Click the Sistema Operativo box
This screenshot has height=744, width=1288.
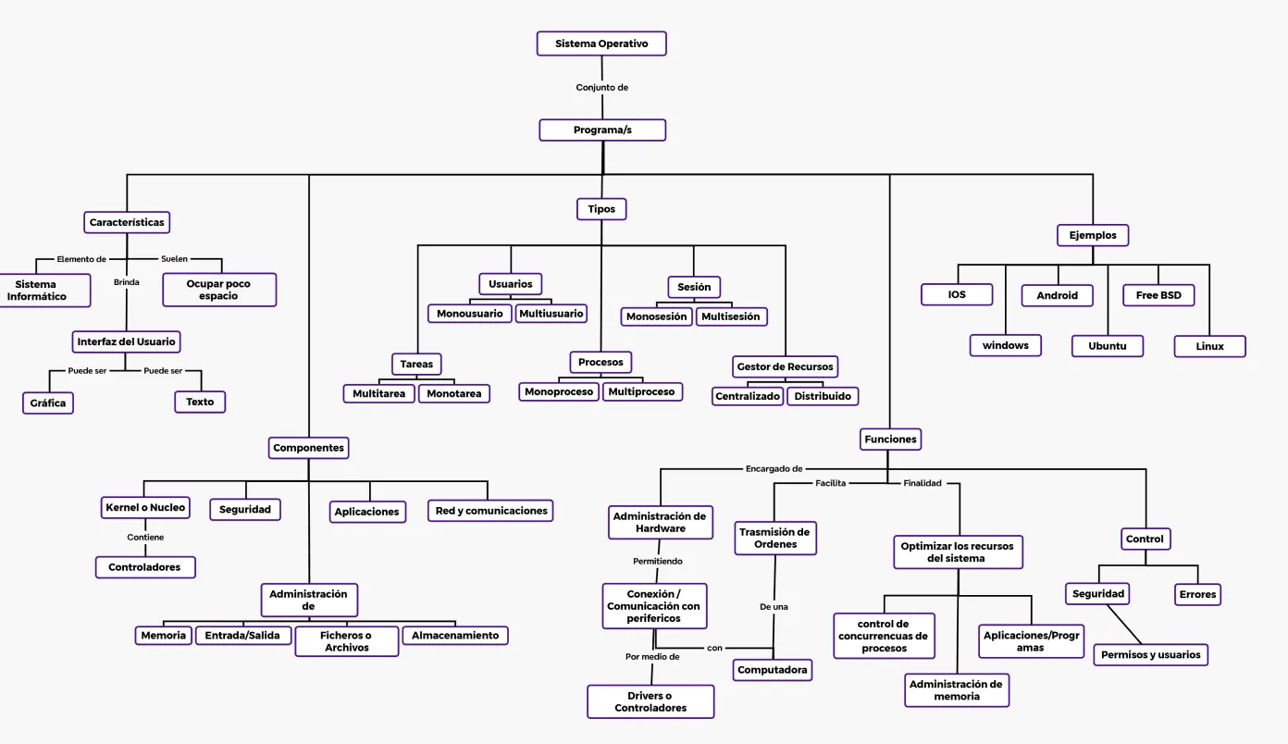pyautogui.click(x=601, y=43)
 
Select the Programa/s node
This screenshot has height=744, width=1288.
pyautogui.click(x=602, y=130)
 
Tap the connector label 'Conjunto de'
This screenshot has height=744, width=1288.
pyautogui.click(x=602, y=88)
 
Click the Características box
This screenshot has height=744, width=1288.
pyautogui.click(x=127, y=222)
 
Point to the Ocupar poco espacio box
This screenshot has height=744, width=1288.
pyautogui.click(x=219, y=290)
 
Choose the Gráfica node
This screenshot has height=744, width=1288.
pyautogui.click(x=48, y=403)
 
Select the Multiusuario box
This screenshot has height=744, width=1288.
pyautogui.click(x=551, y=314)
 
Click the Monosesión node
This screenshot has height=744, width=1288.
pyautogui.click(x=657, y=316)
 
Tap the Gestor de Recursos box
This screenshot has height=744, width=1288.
pyautogui.click(x=785, y=366)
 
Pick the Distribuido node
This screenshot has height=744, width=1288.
pyautogui.click(x=823, y=396)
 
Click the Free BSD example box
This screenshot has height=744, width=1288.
pyautogui.click(x=1158, y=295)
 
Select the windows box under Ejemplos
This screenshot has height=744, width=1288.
pyautogui.click(x=1006, y=345)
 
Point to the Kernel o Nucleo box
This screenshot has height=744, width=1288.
pyautogui.click(x=145, y=507)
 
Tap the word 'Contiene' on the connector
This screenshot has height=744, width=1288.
pyautogui.click(x=145, y=538)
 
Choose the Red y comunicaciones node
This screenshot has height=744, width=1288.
pyautogui.click(x=491, y=511)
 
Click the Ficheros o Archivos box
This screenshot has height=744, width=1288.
pyautogui.click(x=347, y=641)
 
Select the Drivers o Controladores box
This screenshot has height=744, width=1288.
pyautogui.click(x=650, y=701)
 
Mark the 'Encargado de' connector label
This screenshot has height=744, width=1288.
pyautogui.click(x=774, y=469)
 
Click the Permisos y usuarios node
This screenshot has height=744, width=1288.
pyautogui.click(x=1151, y=655)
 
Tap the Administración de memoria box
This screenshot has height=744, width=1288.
pyautogui.click(x=956, y=690)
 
